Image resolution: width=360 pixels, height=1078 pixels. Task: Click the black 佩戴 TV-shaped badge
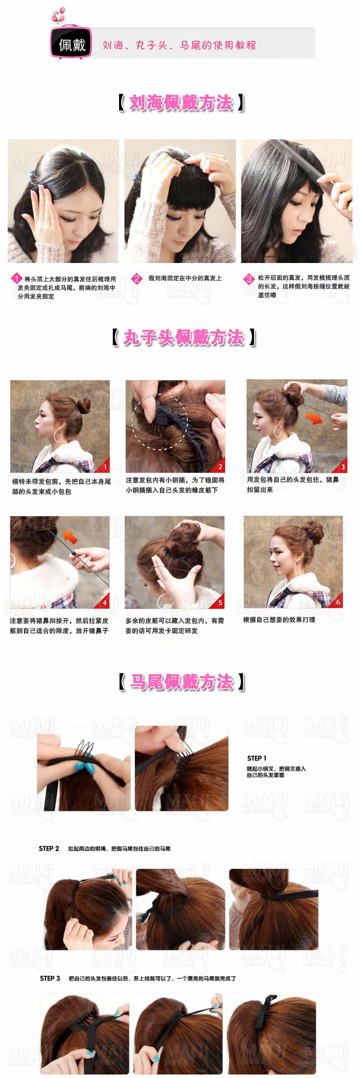pyautogui.click(x=72, y=44)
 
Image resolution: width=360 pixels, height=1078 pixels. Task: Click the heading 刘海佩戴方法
pyautogui.click(x=181, y=103)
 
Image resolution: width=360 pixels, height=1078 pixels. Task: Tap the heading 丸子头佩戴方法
pyautogui.click(x=183, y=337)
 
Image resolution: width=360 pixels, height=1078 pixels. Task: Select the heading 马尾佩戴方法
pyautogui.click(x=181, y=682)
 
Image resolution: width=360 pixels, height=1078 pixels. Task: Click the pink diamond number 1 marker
pyautogui.click(x=17, y=279)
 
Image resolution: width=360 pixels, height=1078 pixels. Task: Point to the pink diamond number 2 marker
pyautogui.click(x=137, y=278)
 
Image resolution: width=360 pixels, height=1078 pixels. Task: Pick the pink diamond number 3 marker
pyautogui.click(x=249, y=279)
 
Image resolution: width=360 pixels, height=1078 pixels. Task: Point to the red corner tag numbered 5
pyautogui.click(x=220, y=603)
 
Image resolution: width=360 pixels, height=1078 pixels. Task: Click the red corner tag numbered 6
pyautogui.click(x=338, y=602)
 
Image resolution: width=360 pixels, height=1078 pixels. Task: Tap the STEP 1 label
pyautogui.click(x=256, y=758)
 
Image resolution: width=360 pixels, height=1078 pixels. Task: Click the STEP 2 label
pyautogui.click(x=49, y=849)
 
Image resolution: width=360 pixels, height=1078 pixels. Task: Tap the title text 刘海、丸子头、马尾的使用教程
pyautogui.click(x=179, y=45)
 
